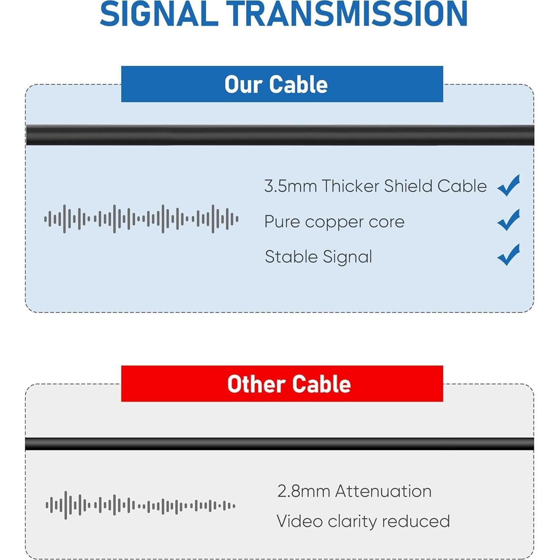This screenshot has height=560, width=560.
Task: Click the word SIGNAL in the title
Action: point(159,14)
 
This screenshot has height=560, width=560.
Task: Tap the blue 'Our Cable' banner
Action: point(282,84)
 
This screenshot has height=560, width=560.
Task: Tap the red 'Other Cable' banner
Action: point(282,383)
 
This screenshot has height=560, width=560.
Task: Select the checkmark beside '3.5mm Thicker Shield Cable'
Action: point(508,185)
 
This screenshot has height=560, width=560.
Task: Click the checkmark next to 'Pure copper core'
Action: point(508,220)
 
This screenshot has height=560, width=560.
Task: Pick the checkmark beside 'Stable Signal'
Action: point(508,255)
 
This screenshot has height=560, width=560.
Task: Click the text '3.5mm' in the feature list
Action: point(290,186)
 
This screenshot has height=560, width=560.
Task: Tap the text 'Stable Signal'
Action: point(318,257)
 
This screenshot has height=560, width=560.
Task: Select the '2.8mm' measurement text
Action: point(304,491)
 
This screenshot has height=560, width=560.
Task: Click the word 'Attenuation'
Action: point(383,491)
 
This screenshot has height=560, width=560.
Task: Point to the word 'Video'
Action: point(299,521)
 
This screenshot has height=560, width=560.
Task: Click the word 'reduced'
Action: point(416,521)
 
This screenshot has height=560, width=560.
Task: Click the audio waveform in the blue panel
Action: point(141,219)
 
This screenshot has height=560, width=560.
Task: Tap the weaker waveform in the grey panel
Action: point(140,506)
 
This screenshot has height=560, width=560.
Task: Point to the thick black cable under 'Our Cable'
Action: point(280,135)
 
